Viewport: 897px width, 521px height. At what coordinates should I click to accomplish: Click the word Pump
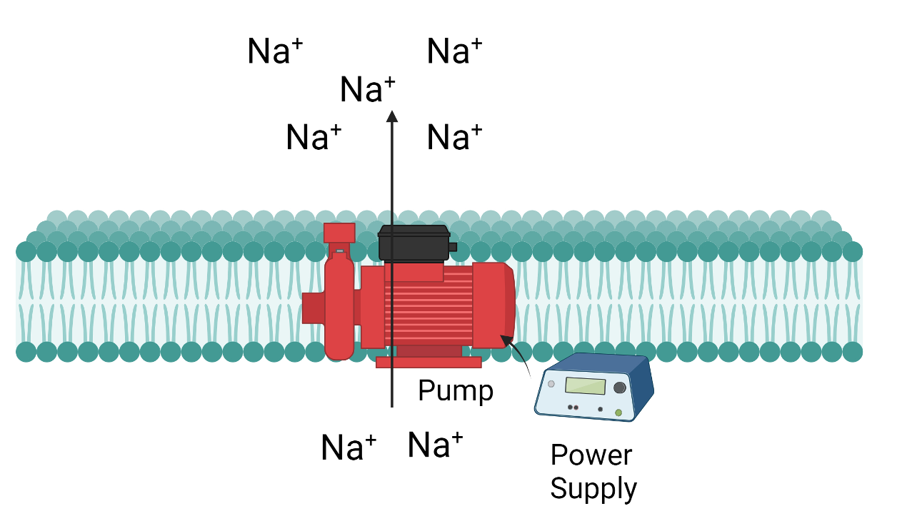(x=455, y=391)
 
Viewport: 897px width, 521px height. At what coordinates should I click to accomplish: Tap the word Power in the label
(x=591, y=455)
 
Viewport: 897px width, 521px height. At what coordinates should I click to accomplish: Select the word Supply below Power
(x=593, y=489)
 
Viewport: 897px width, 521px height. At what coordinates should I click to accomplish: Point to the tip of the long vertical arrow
(x=391, y=113)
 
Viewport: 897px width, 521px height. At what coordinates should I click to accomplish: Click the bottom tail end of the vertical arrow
(x=391, y=406)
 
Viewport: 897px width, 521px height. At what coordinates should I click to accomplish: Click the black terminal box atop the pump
(x=414, y=243)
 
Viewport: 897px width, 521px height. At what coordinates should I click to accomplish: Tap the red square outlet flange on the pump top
(x=339, y=233)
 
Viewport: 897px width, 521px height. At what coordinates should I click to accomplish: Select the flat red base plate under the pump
(x=429, y=362)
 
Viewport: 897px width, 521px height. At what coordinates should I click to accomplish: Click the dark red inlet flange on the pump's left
(x=312, y=307)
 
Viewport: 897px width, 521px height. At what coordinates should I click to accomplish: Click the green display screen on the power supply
(x=585, y=386)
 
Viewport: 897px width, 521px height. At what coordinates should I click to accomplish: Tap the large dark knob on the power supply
(x=620, y=388)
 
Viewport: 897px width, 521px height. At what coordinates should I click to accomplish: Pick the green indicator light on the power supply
(x=618, y=413)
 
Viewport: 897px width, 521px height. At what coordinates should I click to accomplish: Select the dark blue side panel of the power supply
(x=643, y=389)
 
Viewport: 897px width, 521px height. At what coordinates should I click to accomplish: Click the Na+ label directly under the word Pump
(x=435, y=445)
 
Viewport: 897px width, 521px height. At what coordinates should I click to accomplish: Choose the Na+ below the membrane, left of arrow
(x=349, y=447)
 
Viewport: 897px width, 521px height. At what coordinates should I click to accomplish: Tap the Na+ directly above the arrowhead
(x=367, y=91)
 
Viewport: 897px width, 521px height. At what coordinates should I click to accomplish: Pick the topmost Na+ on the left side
(x=275, y=52)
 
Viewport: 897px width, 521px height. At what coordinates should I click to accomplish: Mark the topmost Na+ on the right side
(x=454, y=52)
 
